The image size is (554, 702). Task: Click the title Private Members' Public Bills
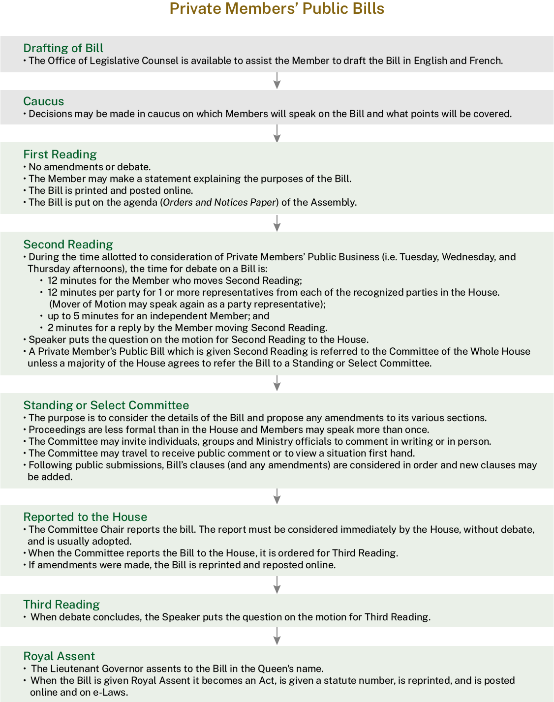coord(277,9)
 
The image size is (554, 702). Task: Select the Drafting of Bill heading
coord(63,48)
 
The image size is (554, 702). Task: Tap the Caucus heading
coord(44,101)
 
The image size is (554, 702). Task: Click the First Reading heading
coord(60,154)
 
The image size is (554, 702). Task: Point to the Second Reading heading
coord(68,244)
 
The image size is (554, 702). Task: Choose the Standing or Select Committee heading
coord(106,405)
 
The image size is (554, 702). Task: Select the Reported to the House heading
coord(86,517)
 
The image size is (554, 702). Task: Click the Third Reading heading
coord(62,605)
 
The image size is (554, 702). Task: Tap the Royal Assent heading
coord(59,656)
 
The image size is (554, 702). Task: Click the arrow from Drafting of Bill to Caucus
coord(277,81)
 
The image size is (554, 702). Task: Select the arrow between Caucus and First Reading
coord(277,133)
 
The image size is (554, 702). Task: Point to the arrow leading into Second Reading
coord(277,223)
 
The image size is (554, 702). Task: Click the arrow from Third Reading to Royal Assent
coord(277,636)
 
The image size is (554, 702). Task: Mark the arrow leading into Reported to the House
coord(277,496)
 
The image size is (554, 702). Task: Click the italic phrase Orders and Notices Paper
coord(219,202)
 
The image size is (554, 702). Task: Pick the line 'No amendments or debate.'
coord(90,167)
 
